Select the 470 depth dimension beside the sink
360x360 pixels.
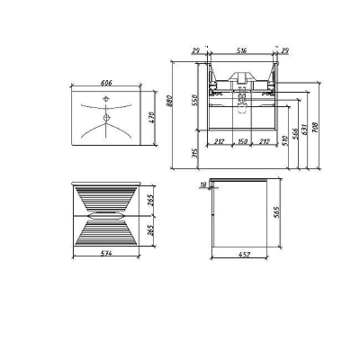(x=153, y=118)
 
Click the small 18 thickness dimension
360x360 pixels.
(x=204, y=184)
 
